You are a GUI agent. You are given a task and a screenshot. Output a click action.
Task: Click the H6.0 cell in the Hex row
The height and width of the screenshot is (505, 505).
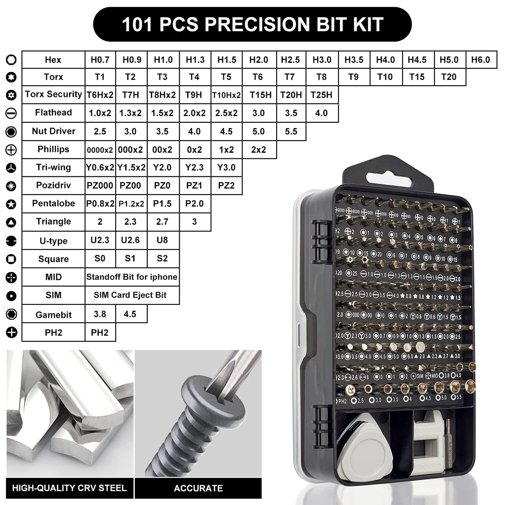pyautogui.click(x=480, y=60)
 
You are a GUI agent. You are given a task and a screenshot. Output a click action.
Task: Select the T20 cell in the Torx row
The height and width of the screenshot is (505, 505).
pyautogui.click(x=449, y=77)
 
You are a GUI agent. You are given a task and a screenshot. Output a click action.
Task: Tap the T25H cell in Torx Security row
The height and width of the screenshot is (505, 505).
pyautogui.click(x=322, y=95)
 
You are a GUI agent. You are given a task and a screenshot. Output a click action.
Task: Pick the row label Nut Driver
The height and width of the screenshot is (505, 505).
pyautogui.click(x=53, y=131)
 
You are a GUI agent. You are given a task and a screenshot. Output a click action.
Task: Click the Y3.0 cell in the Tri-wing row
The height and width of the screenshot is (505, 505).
pyautogui.click(x=226, y=167)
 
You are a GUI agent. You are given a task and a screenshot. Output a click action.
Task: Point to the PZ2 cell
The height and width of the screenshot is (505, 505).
pyautogui.click(x=226, y=186)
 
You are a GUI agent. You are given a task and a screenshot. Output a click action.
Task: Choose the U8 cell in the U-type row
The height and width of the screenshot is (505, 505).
pyautogui.click(x=162, y=240)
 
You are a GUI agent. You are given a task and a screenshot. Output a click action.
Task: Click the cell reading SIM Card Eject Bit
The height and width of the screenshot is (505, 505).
pyautogui.click(x=130, y=295)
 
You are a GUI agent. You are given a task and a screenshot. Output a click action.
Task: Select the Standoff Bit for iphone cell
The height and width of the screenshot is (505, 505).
pyautogui.click(x=131, y=277)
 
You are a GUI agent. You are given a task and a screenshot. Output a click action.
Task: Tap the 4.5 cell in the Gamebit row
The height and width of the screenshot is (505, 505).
pyautogui.click(x=130, y=314)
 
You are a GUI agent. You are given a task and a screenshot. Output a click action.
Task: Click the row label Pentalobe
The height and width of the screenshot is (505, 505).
pyautogui.click(x=53, y=203)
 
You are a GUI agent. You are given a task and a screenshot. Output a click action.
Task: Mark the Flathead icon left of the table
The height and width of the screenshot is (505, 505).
pyautogui.click(x=11, y=113)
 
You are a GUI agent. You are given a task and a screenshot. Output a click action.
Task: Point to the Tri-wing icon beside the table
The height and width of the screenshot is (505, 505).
pyautogui.click(x=11, y=168)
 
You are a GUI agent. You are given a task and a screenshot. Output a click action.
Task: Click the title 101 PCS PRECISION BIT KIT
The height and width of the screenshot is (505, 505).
pyautogui.click(x=252, y=25)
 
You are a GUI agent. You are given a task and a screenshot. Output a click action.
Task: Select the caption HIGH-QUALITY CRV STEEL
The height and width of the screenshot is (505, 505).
pyautogui.click(x=69, y=488)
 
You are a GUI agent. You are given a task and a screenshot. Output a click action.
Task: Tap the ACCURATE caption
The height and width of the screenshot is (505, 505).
pyautogui.click(x=198, y=488)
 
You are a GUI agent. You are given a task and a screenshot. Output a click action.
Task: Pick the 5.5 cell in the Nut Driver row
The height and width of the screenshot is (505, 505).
pyautogui.click(x=291, y=131)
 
